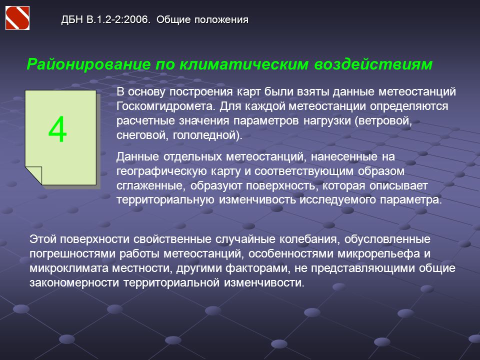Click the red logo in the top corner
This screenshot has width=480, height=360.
(17, 18)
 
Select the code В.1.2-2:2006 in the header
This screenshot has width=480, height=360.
(119, 19)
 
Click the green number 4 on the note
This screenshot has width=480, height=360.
(57, 129)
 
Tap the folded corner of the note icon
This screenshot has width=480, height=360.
(33, 175)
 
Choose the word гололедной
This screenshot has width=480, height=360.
(205, 135)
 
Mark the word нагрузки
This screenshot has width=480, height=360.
(327, 120)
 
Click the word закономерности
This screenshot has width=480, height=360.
(74, 282)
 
